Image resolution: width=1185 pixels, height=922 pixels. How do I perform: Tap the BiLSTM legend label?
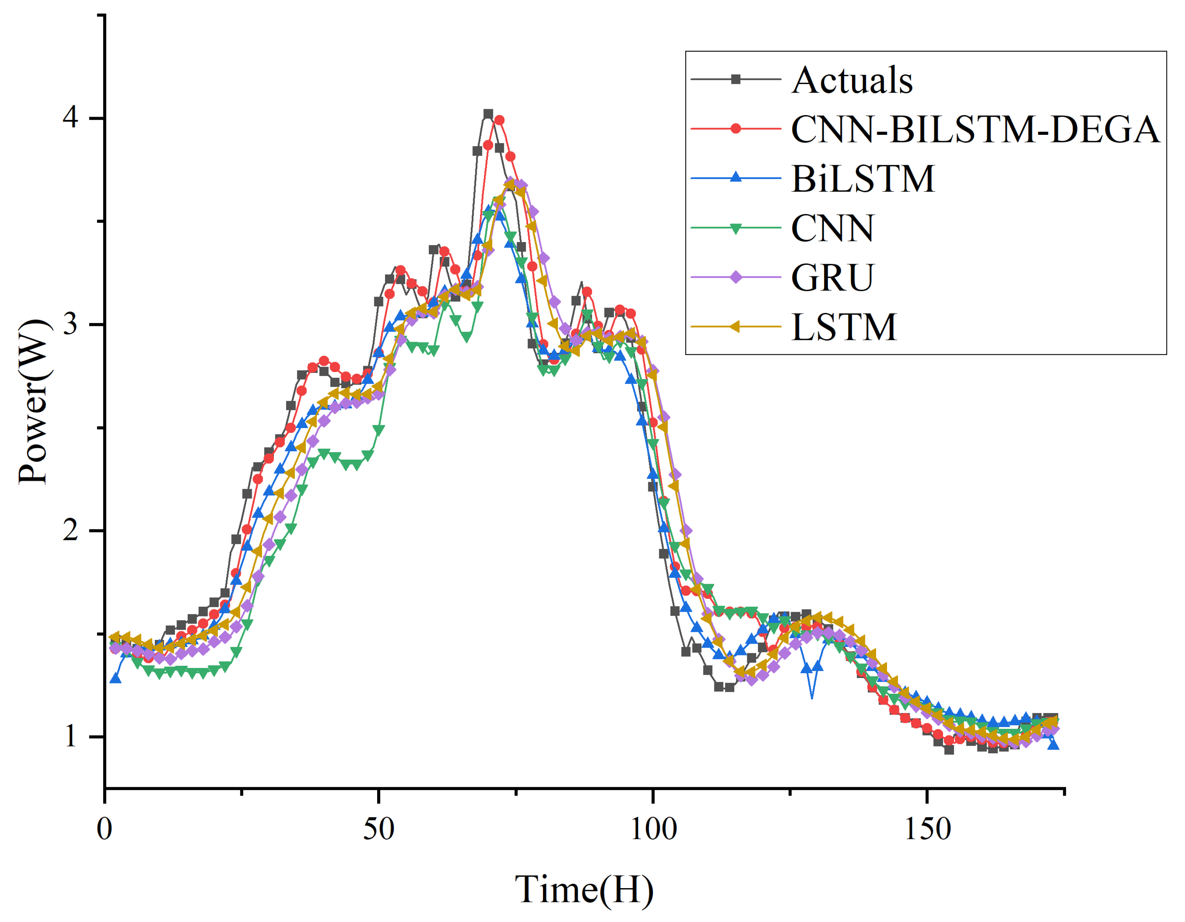[863, 179]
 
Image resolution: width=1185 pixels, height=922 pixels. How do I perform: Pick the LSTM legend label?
[844, 327]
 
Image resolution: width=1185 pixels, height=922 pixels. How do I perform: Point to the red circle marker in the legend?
[736, 129]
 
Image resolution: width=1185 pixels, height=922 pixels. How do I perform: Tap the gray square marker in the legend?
[736, 79]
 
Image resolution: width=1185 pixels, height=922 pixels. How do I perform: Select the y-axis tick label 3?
[71, 324]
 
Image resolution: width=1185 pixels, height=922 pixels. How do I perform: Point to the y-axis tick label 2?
[71, 530]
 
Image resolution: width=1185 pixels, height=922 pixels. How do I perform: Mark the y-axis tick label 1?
[71, 736]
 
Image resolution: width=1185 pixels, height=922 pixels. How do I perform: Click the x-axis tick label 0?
[104, 829]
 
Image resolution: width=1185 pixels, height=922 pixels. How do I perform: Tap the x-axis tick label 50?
[378, 829]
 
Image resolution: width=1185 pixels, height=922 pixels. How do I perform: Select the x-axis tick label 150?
[927, 829]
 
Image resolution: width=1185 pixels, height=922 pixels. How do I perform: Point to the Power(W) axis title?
[33, 402]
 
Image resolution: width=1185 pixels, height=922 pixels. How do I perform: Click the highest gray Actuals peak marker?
[488, 114]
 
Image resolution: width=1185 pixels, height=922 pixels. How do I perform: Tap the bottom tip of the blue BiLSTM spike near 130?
[812, 698]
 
